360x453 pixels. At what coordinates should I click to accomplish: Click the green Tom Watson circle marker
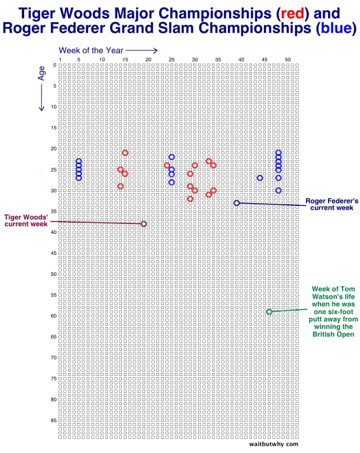click(269, 311)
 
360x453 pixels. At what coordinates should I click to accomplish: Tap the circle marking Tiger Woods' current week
click(143, 223)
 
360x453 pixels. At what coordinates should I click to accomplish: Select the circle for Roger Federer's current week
click(236, 203)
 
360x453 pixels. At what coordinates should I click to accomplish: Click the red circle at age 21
click(125, 153)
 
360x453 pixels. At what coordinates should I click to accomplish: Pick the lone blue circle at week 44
click(260, 178)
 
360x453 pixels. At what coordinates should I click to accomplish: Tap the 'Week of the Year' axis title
click(91, 50)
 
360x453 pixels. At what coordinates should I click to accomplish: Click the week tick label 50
click(287, 59)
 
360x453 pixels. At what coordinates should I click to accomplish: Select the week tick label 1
click(60, 59)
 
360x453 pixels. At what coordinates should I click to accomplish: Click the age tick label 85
click(53, 420)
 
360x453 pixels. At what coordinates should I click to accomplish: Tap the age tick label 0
click(55, 65)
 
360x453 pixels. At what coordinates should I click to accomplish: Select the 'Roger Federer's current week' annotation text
click(329, 204)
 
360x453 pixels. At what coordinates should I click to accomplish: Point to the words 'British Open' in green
click(333, 334)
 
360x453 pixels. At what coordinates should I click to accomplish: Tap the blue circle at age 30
click(278, 190)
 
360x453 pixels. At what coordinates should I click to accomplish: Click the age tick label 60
click(53, 316)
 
